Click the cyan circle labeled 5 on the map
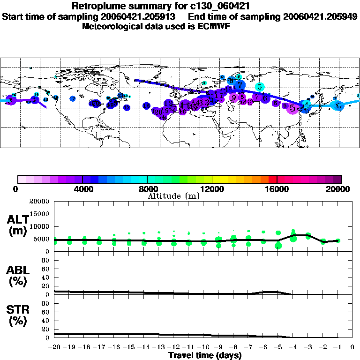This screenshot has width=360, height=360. pyautogui.click(x=260, y=87)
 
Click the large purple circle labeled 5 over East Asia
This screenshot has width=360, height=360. pyautogui.click(x=292, y=108)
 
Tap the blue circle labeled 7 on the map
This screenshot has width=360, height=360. pyautogui.click(x=240, y=85)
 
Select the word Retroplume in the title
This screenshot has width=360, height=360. pyautogui.click(x=97, y=6)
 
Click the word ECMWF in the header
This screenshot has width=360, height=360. pyautogui.click(x=215, y=26)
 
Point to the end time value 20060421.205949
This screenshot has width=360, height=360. pyautogui.click(x=320, y=16)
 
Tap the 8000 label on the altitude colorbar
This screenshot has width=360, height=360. pyautogui.click(x=147, y=189)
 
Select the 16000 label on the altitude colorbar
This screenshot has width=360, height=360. pyautogui.click(x=277, y=189)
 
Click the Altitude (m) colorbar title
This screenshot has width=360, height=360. pyautogui.click(x=173, y=196)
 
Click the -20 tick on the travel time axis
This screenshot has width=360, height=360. pyautogui.click(x=54, y=347)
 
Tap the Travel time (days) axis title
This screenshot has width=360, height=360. pyautogui.click(x=205, y=355)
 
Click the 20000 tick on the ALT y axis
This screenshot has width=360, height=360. pyautogui.click(x=40, y=202)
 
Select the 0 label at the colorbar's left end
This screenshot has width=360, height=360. pyautogui.click(x=17, y=189)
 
